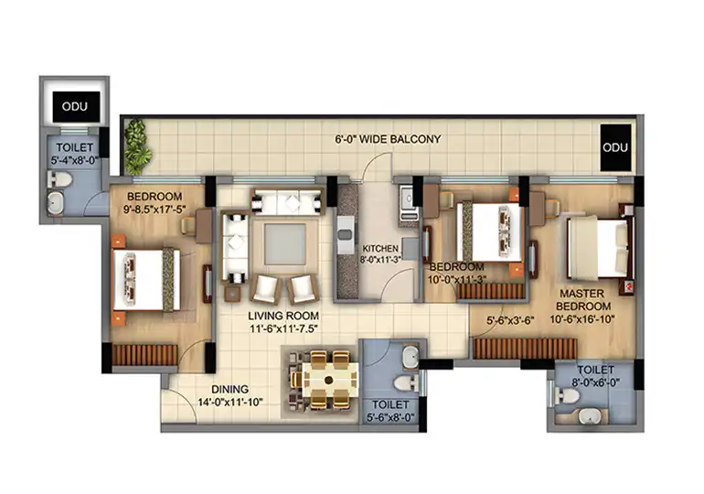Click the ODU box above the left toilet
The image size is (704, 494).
point(76,107)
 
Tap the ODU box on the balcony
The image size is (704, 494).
point(615,147)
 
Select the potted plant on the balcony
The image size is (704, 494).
point(137,147)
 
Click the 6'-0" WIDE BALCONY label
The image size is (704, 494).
point(388,139)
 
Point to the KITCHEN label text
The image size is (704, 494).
point(380,248)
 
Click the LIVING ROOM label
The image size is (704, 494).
point(283,316)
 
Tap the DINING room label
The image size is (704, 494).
point(229,390)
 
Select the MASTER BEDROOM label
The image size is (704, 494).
point(583,299)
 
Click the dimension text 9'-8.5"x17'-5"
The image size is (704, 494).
point(155,209)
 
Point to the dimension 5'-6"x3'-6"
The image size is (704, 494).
point(510,321)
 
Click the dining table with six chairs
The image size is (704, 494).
point(327,380)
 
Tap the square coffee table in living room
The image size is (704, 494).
point(284,244)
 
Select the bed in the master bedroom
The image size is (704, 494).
point(598,247)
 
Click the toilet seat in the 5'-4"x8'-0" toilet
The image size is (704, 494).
point(59,180)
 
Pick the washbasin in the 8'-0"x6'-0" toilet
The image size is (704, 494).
point(589,416)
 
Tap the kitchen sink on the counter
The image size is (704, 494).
point(346,234)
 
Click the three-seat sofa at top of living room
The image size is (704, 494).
point(287,201)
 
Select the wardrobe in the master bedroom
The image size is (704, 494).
point(525,348)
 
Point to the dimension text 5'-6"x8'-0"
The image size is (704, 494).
point(390,418)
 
